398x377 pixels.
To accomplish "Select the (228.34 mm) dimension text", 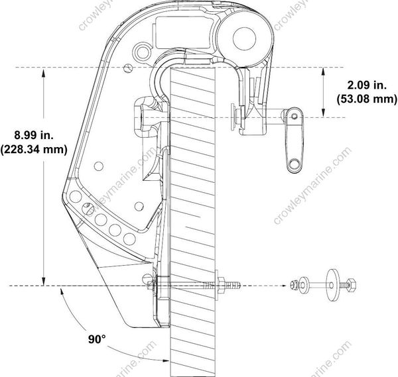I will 34,150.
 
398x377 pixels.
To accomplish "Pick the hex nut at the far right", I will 352,286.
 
